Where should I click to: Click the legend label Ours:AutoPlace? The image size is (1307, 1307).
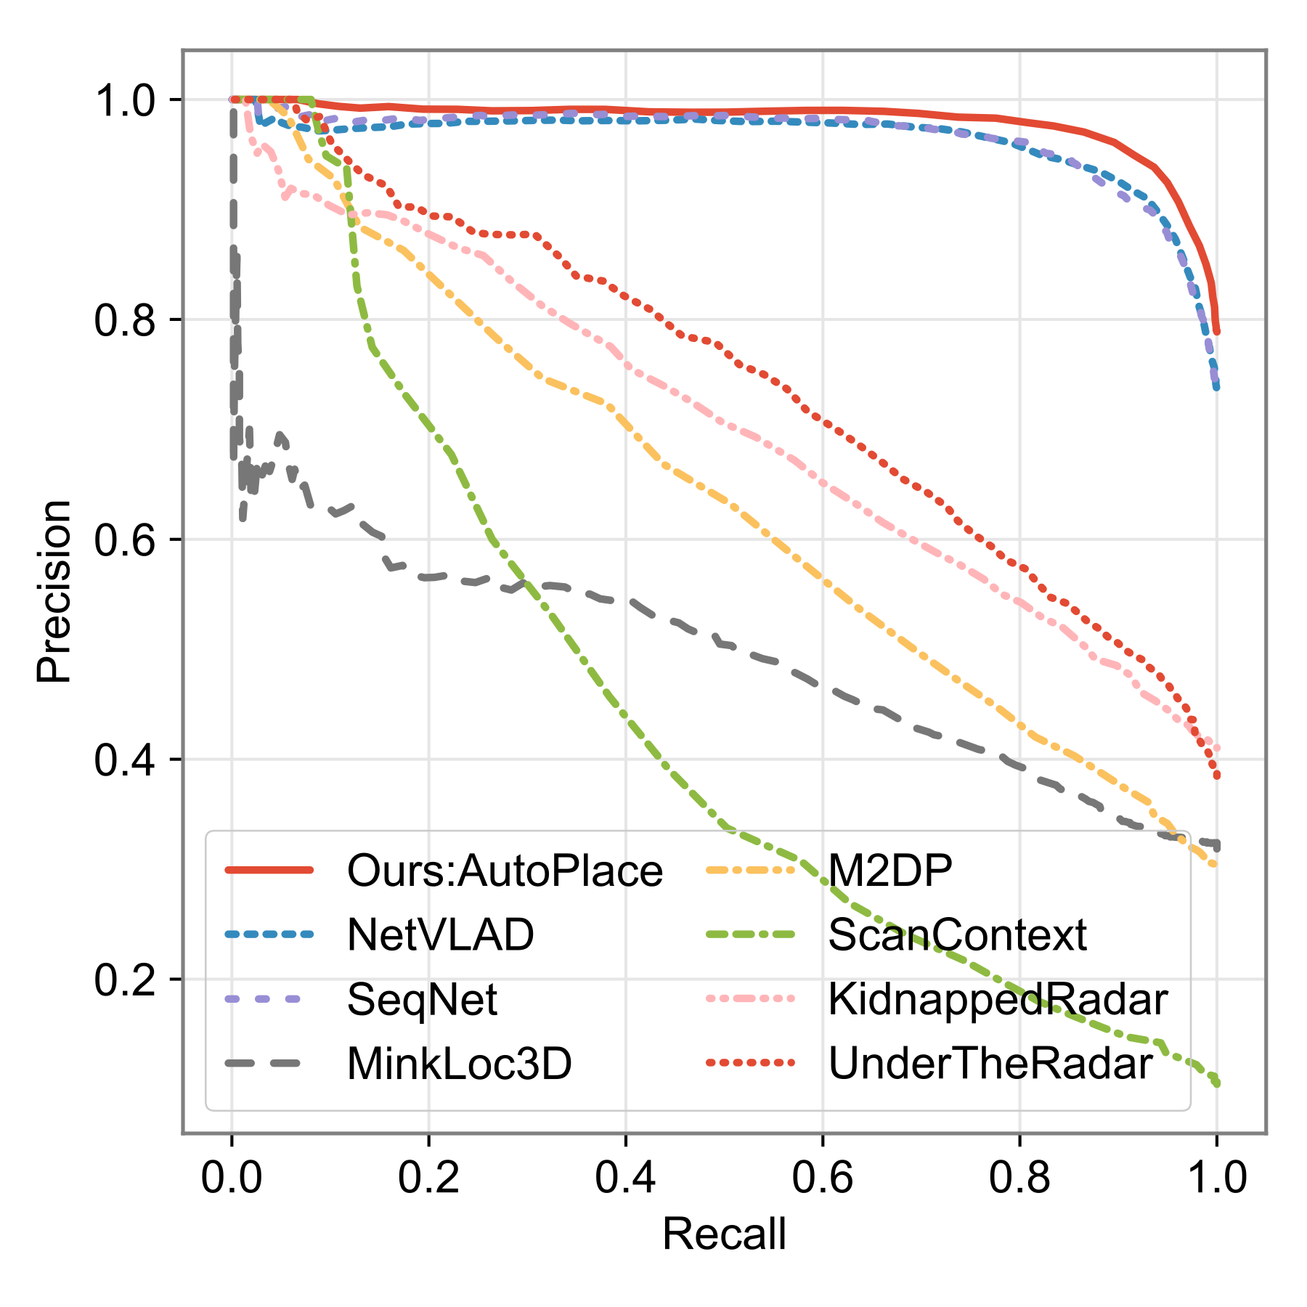pos(505,870)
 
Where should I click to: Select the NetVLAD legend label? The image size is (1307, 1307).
pos(441,935)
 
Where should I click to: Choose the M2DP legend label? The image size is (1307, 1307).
pos(890,870)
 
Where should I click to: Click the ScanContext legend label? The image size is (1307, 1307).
pos(957,935)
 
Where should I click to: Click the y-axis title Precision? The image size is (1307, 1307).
pos(54,591)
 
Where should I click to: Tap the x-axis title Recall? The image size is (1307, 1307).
pos(724,1234)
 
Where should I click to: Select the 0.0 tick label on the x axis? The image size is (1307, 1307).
pos(232,1177)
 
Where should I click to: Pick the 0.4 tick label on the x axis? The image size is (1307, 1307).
pos(625,1177)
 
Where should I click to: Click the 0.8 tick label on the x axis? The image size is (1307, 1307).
pos(1019,1177)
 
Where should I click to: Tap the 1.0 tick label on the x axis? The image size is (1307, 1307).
pos(1216,1177)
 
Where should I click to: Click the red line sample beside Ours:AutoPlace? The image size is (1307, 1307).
pos(269,870)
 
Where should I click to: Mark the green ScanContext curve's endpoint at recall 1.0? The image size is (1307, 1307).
pos(1216,1083)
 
